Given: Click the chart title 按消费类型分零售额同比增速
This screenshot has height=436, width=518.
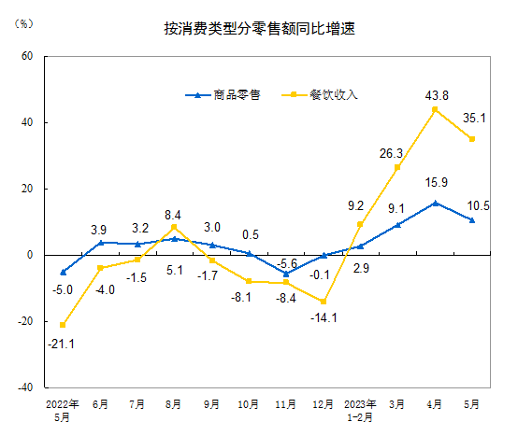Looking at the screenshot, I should click(x=259, y=29).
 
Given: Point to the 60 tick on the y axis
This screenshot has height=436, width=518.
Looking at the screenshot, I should click(x=26, y=56).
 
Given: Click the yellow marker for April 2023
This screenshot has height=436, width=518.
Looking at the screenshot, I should click(x=435, y=109).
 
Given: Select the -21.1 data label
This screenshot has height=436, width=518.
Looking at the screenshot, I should click(x=62, y=343).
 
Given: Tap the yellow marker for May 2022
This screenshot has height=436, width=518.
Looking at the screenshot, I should click(x=63, y=325).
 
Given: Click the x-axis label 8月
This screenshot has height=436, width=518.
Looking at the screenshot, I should click(x=174, y=405).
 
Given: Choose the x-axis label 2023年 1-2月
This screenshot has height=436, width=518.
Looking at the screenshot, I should click(x=360, y=410).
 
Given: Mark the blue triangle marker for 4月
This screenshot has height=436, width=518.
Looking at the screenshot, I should click(x=435, y=203).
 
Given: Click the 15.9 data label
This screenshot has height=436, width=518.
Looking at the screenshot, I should click(x=436, y=183).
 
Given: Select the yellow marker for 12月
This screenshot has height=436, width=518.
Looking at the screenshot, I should click(x=324, y=302).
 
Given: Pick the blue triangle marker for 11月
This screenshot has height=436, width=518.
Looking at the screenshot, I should click(x=286, y=274).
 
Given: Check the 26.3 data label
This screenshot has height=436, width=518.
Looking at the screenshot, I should click(x=393, y=153).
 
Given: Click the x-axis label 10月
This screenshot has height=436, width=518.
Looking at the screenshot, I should click(x=249, y=405).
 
